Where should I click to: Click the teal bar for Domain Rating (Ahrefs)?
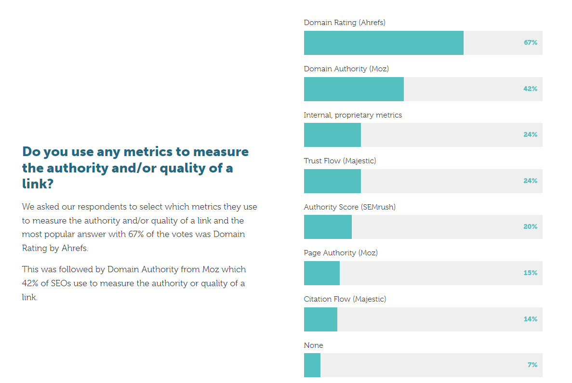click(x=384, y=43)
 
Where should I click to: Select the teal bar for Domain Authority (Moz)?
click(x=354, y=89)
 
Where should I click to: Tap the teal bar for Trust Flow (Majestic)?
click(x=332, y=181)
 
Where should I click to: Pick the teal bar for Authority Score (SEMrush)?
click(x=328, y=227)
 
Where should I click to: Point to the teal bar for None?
click(x=312, y=365)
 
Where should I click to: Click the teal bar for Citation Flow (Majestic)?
click(x=320, y=319)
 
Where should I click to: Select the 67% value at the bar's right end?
click(x=530, y=43)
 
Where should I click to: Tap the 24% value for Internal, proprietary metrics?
click(x=530, y=135)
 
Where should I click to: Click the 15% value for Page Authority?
click(x=530, y=273)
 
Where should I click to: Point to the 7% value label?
click(x=532, y=365)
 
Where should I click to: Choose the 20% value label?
click(x=530, y=227)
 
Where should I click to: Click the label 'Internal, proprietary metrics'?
click(x=353, y=115)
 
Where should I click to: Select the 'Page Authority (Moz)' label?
click(x=341, y=253)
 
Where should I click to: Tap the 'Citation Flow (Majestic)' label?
click(x=345, y=299)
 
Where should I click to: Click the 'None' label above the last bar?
click(x=313, y=345)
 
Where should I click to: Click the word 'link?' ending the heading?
click(x=37, y=185)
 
